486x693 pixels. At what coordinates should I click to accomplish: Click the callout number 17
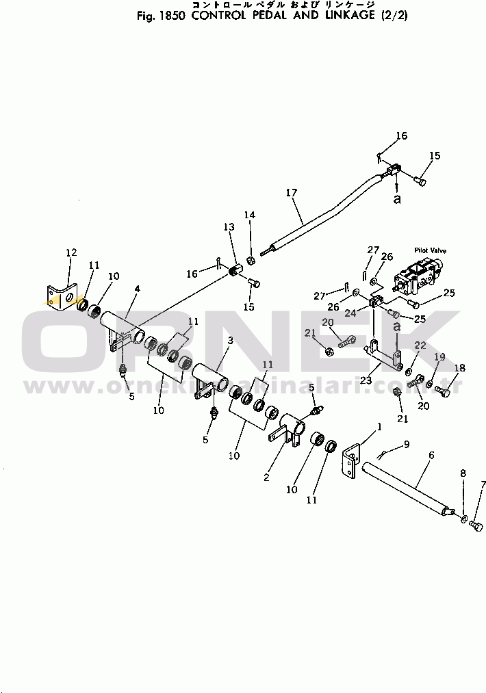292,193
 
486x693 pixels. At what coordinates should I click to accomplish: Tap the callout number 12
71,253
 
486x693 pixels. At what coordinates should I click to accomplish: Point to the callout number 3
231,341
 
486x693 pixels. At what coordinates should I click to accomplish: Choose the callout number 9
406,444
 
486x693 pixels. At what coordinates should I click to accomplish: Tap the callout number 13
228,227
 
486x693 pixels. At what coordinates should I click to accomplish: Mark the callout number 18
460,368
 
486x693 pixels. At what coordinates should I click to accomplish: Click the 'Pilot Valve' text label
430,252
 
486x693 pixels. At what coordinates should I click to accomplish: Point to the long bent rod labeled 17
322,212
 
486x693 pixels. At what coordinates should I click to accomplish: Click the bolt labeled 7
478,525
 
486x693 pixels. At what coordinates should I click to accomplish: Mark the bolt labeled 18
442,393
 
